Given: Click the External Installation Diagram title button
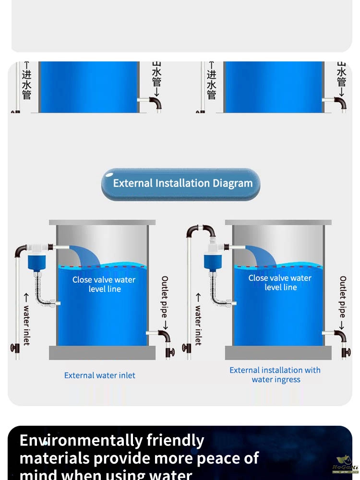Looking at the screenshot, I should tap(180, 184).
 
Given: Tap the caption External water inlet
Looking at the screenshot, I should tap(100, 375).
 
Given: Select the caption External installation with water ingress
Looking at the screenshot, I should tap(275, 375).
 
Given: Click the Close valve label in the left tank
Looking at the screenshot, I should tap(104, 284).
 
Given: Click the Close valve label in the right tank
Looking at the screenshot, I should tap(280, 283).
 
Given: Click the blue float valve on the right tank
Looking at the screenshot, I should tap(211, 262).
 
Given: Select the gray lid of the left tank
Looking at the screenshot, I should tap(102, 223).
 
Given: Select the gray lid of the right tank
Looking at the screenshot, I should tap(278, 223).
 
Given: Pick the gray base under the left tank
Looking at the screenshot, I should tap(102, 353).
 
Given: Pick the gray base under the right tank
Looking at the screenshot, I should tap(278, 353).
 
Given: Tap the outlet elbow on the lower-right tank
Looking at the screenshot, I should tap(341, 336).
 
